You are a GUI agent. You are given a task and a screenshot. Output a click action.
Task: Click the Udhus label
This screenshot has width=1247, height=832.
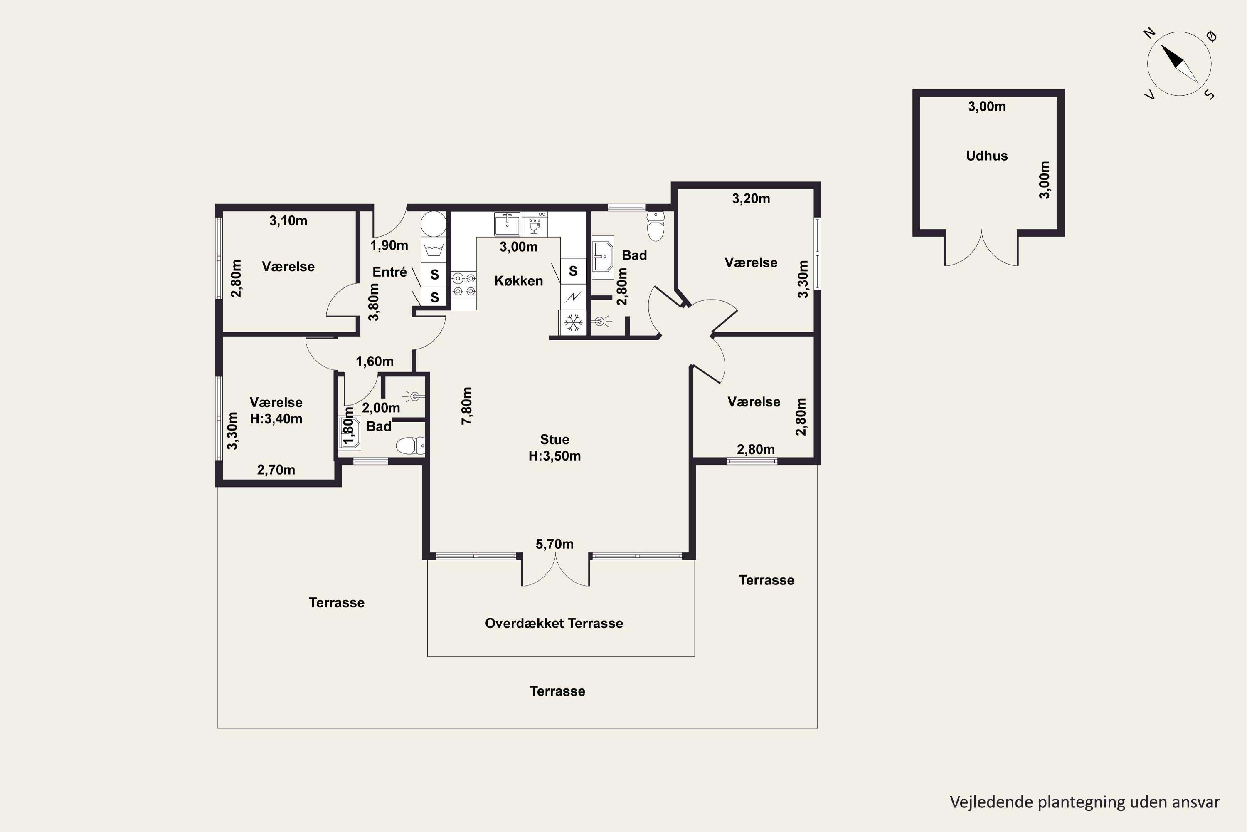[987, 156]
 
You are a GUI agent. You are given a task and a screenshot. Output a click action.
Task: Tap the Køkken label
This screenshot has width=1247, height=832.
[518, 281]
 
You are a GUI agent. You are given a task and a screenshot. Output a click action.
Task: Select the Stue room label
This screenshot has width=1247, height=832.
[554, 439]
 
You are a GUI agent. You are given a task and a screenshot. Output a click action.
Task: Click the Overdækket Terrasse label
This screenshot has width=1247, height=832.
[554, 623]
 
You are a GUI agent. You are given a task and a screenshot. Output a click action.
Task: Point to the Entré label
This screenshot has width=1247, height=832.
[390, 272]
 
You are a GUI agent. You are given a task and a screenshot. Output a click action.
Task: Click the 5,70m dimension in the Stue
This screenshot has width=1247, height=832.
[554, 544]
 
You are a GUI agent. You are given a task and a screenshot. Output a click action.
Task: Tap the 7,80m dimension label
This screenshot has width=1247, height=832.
[466, 406]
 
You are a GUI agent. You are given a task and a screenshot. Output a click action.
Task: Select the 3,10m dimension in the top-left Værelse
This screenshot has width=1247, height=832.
[288, 221]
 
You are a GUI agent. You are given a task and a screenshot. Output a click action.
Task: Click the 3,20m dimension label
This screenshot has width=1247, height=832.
[751, 198]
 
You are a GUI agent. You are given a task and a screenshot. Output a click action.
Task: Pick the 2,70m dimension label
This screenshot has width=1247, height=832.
[276, 470]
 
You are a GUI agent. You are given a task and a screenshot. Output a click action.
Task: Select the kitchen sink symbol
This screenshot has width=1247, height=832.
[508, 224]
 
